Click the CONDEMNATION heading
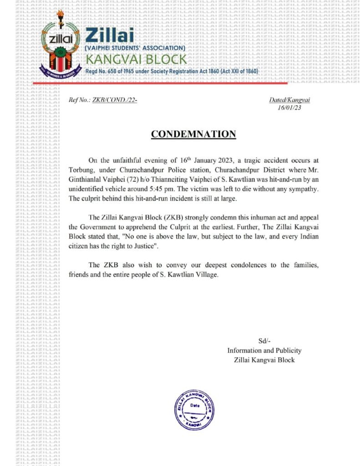click(193, 134)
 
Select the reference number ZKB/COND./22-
click(115, 100)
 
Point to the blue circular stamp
click(194, 410)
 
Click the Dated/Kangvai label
click(289, 100)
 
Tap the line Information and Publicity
click(264, 350)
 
